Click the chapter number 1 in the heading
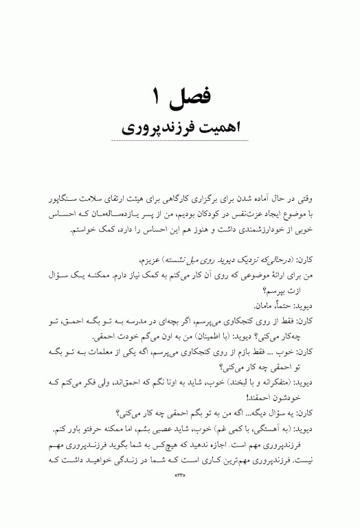tap(156, 96)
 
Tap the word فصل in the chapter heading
tap(195, 97)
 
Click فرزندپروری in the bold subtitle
tap(160, 129)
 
